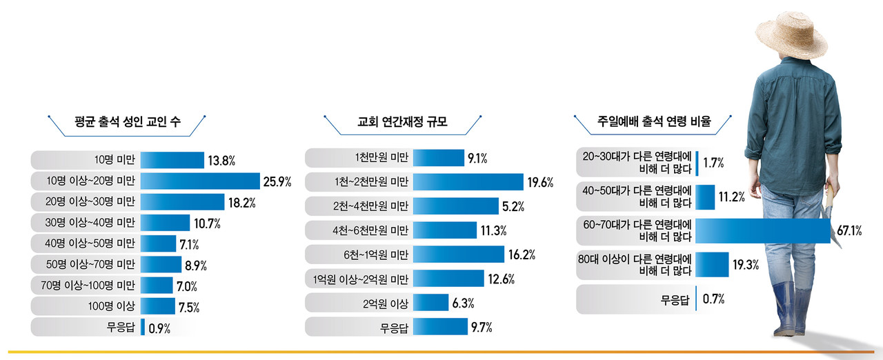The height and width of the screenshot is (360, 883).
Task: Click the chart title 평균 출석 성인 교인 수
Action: tap(127, 123)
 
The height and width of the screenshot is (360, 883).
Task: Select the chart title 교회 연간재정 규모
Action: tap(403, 123)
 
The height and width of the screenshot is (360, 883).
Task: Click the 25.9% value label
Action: tap(277, 182)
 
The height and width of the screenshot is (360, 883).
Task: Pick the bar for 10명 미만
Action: tap(172, 161)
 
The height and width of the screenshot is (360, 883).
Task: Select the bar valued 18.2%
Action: tap(183, 203)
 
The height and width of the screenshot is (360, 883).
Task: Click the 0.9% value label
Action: tap(159, 328)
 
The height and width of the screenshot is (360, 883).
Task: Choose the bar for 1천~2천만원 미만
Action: tap(468, 182)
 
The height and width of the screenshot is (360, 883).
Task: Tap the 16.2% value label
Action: tap(522, 255)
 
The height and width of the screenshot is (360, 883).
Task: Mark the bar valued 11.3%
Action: tap(445, 230)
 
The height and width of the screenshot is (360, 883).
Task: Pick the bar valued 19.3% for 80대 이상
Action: tap(712, 265)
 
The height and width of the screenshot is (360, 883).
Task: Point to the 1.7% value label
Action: tap(713, 163)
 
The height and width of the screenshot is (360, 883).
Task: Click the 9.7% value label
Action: tap(482, 327)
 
